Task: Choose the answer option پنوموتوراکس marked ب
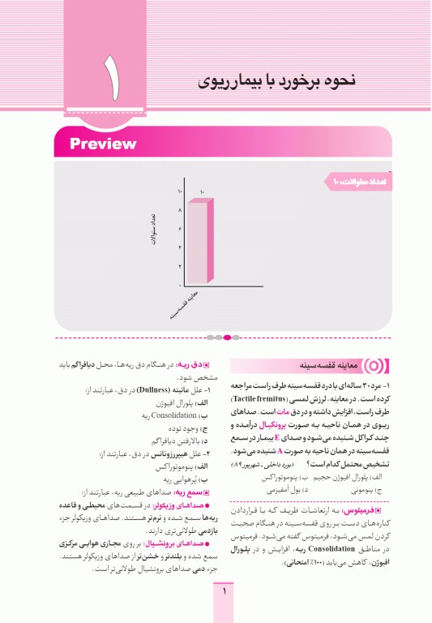[x=271, y=478]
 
